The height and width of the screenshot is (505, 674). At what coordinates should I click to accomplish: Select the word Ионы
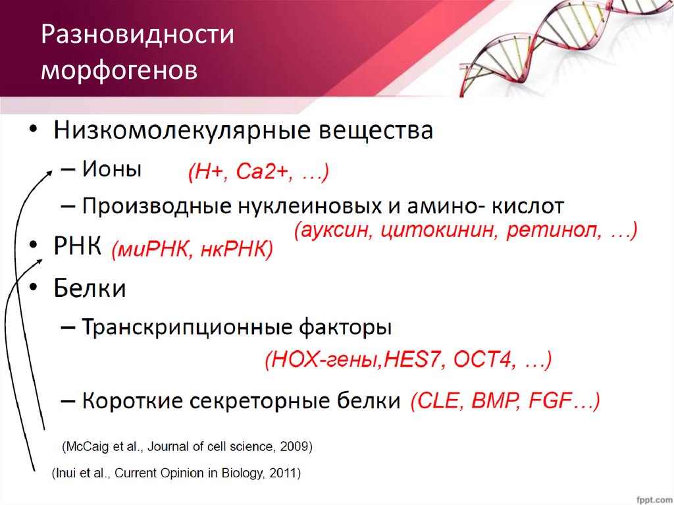[x=112, y=169]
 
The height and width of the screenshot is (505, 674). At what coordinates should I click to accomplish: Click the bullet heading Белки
[x=90, y=288]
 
